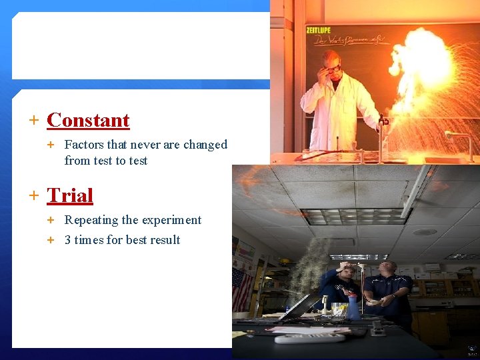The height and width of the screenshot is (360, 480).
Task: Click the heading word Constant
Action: [88, 121]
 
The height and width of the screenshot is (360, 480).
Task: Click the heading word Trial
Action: [70, 196]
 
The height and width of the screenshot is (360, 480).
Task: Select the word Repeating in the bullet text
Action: [91, 220]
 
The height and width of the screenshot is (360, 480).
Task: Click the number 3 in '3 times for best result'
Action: [68, 240]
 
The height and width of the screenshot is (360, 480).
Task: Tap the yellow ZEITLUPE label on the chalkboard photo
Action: [319, 30]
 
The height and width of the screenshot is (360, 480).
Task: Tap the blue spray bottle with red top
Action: [354, 307]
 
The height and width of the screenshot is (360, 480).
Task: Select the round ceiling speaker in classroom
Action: [424, 232]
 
